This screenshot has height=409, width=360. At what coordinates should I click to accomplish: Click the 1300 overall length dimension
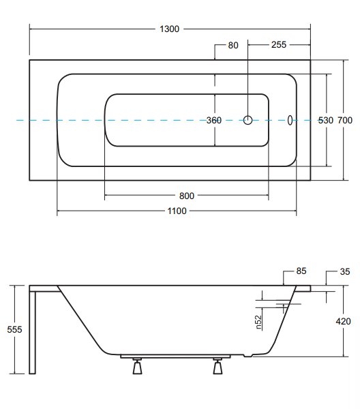[169, 29]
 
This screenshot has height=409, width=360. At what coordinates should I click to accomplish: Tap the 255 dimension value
[279, 44]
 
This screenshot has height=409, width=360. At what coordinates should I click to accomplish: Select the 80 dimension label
[233, 46]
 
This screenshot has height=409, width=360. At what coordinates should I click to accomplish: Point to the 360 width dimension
[214, 120]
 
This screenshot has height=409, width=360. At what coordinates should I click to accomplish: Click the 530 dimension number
[325, 120]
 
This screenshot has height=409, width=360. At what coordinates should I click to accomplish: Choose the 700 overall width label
[345, 120]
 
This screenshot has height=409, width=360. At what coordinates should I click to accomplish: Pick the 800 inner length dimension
[187, 196]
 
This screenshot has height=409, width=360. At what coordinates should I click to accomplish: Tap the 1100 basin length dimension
[177, 211]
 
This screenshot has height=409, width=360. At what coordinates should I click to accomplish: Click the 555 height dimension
[14, 329]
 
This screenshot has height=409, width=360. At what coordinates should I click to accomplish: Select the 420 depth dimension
[343, 321]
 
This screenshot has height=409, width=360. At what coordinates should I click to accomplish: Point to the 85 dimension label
[301, 271]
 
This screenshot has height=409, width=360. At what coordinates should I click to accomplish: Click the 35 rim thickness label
[344, 271]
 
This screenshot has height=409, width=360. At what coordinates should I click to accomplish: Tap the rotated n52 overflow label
[258, 322]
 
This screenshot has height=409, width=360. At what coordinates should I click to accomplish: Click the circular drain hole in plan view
[247, 120]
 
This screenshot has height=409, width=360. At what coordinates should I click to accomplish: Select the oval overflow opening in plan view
[290, 120]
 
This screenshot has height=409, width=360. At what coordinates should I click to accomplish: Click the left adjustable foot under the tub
[137, 366]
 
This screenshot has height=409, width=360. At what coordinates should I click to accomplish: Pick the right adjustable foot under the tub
[217, 366]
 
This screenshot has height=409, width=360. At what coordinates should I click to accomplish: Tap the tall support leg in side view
[32, 333]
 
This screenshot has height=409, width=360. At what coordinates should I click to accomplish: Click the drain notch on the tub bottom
[247, 355]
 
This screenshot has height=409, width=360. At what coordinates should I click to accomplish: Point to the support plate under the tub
[175, 356]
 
